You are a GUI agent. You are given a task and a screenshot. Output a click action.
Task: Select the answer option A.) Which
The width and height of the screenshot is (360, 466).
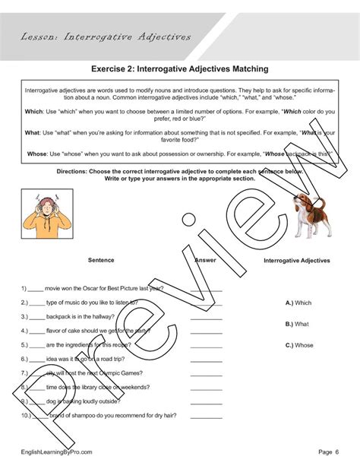(x=298, y=303)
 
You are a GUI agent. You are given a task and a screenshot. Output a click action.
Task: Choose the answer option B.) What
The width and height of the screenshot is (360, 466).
(x=297, y=324)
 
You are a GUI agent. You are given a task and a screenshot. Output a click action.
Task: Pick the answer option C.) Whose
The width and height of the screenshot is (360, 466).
(x=299, y=345)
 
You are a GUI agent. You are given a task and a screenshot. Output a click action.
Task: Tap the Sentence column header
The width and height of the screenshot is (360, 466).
(x=100, y=260)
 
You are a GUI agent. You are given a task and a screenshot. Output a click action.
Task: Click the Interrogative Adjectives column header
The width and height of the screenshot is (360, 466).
(x=297, y=261)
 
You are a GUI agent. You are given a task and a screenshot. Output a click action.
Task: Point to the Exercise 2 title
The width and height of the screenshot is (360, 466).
(x=179, y=68)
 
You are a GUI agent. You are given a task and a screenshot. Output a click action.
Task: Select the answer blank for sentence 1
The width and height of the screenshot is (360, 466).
(x=206, y=289)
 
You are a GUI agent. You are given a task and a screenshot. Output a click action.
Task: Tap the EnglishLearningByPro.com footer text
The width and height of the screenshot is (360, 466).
(x=57, y=452)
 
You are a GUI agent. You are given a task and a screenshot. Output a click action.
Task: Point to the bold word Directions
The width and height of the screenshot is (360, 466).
(x=74, y=172)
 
